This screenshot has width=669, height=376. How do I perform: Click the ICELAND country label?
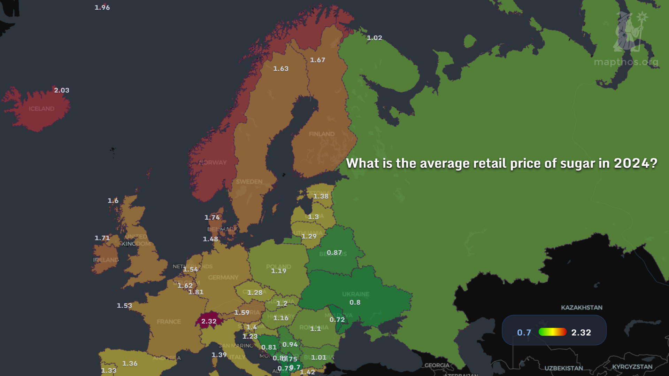(x=41, y=109)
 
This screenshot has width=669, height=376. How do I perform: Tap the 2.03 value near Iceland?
(x=62, y=90)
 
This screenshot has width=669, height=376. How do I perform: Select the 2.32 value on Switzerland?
(x=209, y=321)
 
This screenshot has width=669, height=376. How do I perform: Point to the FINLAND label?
(x=321, y=134)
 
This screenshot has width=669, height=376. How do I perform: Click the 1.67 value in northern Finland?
(x=317, y=60)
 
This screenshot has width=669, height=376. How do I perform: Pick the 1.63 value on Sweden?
(x=280, y=69)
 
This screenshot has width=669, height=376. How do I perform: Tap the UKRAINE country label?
(x=355, y=294)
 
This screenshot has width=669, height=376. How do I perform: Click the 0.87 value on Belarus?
(x=334, y=252)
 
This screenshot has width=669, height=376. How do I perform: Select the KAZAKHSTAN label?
(x=582, y=307)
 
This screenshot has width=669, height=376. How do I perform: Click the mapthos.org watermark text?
(x=626, y=62)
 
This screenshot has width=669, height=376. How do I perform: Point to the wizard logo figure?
(x=629, y=31)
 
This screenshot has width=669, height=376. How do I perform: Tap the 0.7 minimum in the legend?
(x=524, y=332)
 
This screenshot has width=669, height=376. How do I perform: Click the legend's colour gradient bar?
(x=552, y=332)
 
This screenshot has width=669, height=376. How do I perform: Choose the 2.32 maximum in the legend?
(x=581, y=332)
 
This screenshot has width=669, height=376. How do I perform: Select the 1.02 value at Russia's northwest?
(x=374, y=38)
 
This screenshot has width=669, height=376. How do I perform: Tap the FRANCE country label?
(x=169, y=322)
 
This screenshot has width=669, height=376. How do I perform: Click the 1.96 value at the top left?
(x=102, y=7)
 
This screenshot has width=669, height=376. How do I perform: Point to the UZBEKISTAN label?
(x=563, y=368)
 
